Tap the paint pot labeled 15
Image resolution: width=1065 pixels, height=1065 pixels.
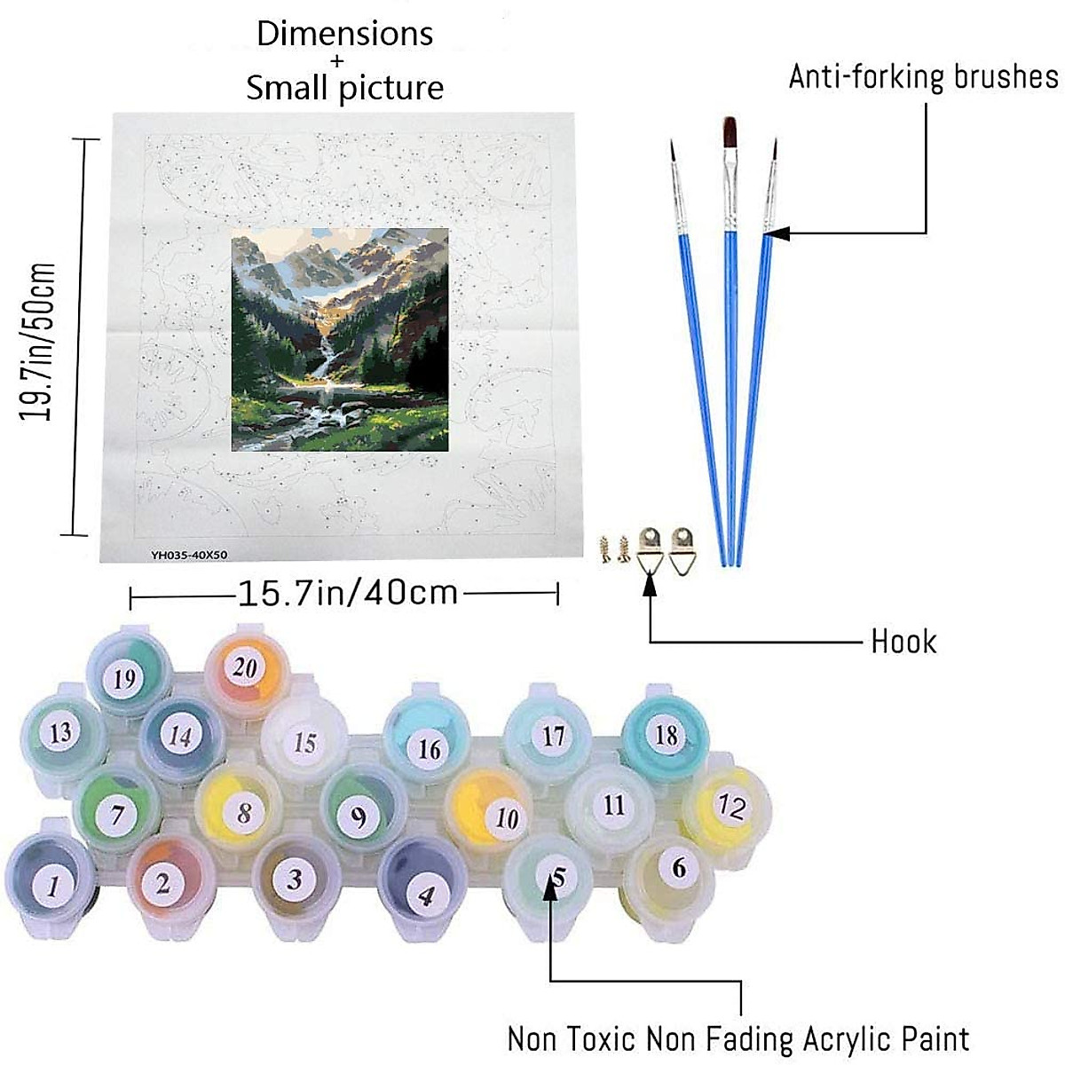pyautogui.click(x=304, y=741)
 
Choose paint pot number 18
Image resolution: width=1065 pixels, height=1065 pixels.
pyautogui.click(x=666, y=735)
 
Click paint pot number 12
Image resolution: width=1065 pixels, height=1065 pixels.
pyautogui.click(x=730, y=807)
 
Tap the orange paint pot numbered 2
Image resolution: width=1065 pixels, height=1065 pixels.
pyautogui.click(x=163, y=881)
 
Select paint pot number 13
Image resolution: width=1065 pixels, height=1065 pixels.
pyautogui.click(x=60, y=733)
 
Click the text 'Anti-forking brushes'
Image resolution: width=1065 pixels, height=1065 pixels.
pyautogui.click(x=923, y=77)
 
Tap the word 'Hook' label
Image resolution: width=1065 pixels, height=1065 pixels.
pyautogui.click(x=903, y=641)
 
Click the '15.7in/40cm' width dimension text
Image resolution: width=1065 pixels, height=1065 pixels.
pyautogui.click(x=347, y=592)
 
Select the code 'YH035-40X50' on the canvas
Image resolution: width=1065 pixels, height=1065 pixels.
pyautogui.click(x=189, y=556)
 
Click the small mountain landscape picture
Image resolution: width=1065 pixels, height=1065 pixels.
pyautogui.click(x=340, y=339)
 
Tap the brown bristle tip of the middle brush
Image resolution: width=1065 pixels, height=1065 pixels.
pyautogui.click(x=730, y=133)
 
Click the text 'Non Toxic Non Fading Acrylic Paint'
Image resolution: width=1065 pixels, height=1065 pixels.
pyautogui.click(x=738, y=1038)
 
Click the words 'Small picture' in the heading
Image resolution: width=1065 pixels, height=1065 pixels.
pyautogui.click(x=344, y=88)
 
